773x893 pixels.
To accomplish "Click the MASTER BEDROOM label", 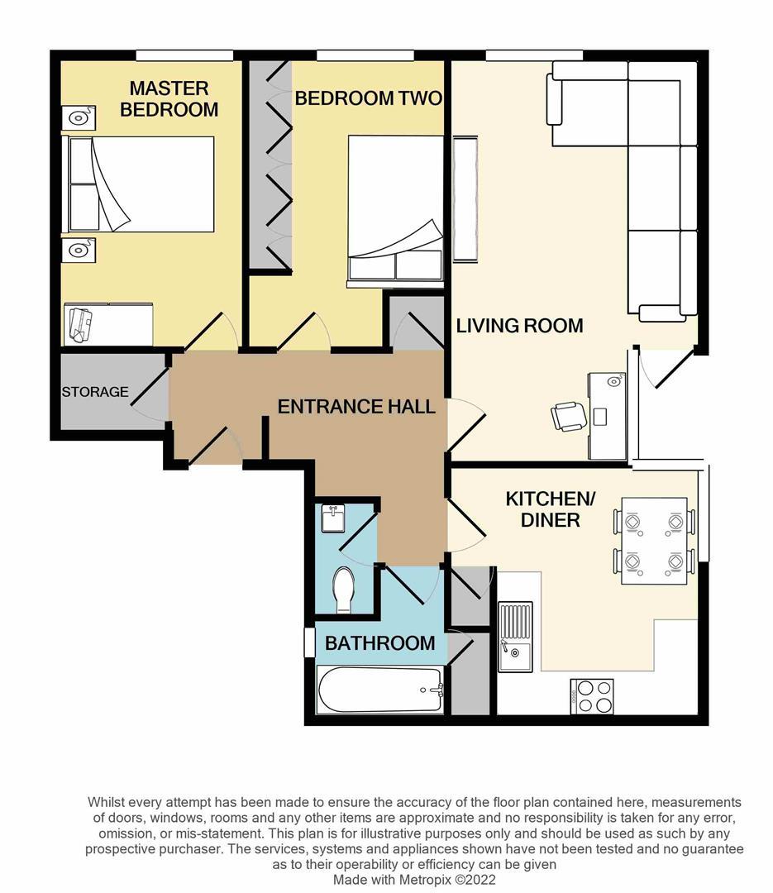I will click(169, 98).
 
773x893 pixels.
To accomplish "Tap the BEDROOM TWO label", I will click(368, 98).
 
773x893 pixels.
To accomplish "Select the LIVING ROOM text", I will click(519, 326).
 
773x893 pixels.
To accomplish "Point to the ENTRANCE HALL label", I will click(356, 406).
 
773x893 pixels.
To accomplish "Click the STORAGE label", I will click(95, 392).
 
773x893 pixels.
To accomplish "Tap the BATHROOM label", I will click(379, 642).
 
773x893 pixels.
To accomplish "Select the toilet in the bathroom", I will click(343, 589).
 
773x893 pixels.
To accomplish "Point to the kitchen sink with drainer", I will click(515, 636).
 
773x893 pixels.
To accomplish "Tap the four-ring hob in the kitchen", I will click(592, 695).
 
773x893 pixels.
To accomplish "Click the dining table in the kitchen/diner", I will click(654, 541).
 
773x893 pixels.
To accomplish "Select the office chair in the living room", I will click(569, 415).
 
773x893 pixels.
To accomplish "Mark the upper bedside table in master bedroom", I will click(79, 119).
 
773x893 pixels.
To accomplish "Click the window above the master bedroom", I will click(184, 55).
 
